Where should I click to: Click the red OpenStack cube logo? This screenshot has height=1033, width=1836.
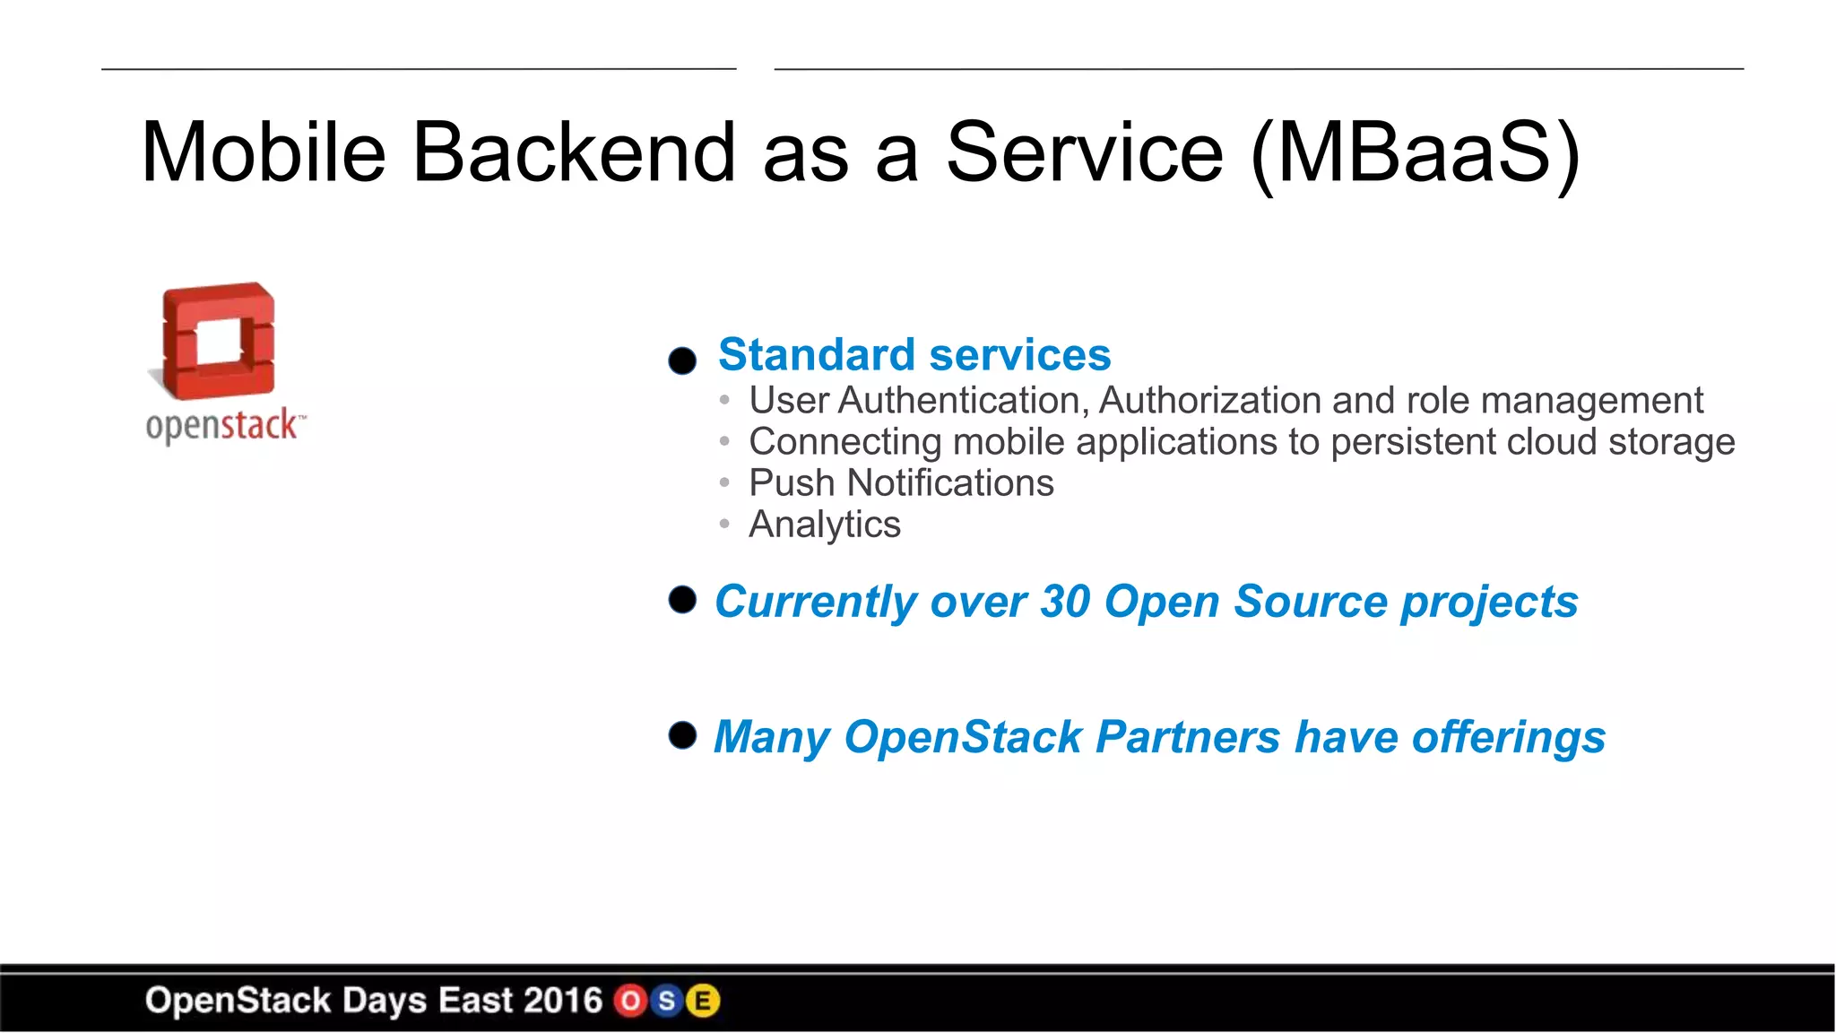click(x=218, y=341)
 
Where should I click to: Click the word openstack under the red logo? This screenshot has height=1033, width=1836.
click(x=221, y=425)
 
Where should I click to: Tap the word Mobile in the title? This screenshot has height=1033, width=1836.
click(x=264, y=152)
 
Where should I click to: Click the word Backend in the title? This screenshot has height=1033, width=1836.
click(x=574, y=152)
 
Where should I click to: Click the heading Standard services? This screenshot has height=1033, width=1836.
click(x=914, y=354)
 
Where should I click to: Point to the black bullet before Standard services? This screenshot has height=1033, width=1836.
click(x=682, y=360)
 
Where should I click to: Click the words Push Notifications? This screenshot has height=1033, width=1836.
click(x=900, y=483)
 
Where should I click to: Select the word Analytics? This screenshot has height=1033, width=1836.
click(x=824, y=525)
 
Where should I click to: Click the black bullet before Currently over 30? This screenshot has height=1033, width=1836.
click(x=682, y=600)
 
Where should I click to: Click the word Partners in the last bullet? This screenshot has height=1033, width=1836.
click(x=1188, y=737)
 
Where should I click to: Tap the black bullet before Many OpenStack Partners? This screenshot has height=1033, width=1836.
click(x=682, y=735)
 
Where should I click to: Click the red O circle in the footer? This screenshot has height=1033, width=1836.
click(x=630, y=1001)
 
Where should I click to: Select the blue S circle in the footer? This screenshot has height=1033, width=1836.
click(x=666, y=1001)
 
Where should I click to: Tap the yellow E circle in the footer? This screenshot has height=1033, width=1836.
click(x=703, y=1001)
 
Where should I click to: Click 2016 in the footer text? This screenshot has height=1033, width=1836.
click(x=562, y=1001)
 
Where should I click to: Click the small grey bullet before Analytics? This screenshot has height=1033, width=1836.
click(x=724, y=524)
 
